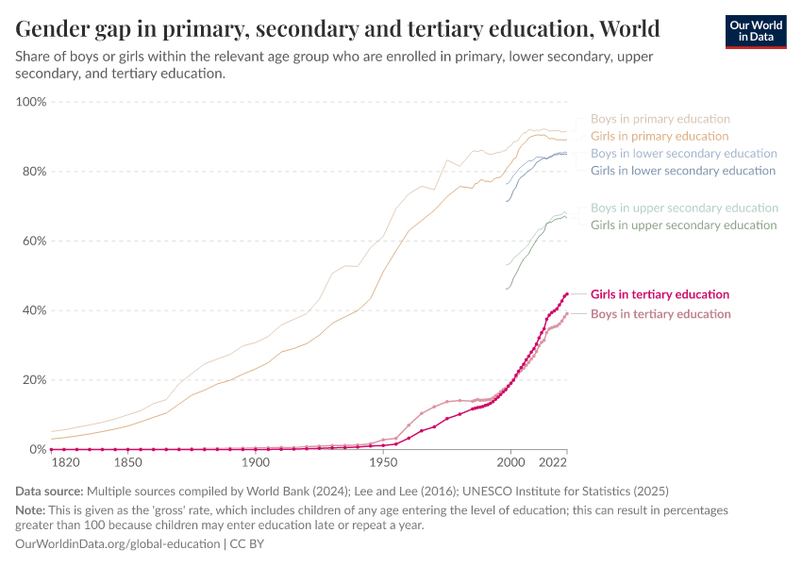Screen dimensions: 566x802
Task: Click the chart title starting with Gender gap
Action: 338,27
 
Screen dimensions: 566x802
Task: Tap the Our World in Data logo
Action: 755,31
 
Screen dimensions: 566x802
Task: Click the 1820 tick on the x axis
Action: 64,464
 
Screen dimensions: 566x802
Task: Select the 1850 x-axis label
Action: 127,464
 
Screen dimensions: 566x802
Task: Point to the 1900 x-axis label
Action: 255,464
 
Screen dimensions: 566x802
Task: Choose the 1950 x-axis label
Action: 382,464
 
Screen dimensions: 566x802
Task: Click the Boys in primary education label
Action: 660,119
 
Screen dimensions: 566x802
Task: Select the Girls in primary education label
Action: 660,136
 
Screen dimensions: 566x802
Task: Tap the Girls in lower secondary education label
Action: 683,171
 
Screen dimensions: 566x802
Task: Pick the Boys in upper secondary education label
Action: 684,208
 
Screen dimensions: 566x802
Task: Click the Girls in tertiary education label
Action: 660,294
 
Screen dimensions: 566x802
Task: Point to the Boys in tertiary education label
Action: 660,314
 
